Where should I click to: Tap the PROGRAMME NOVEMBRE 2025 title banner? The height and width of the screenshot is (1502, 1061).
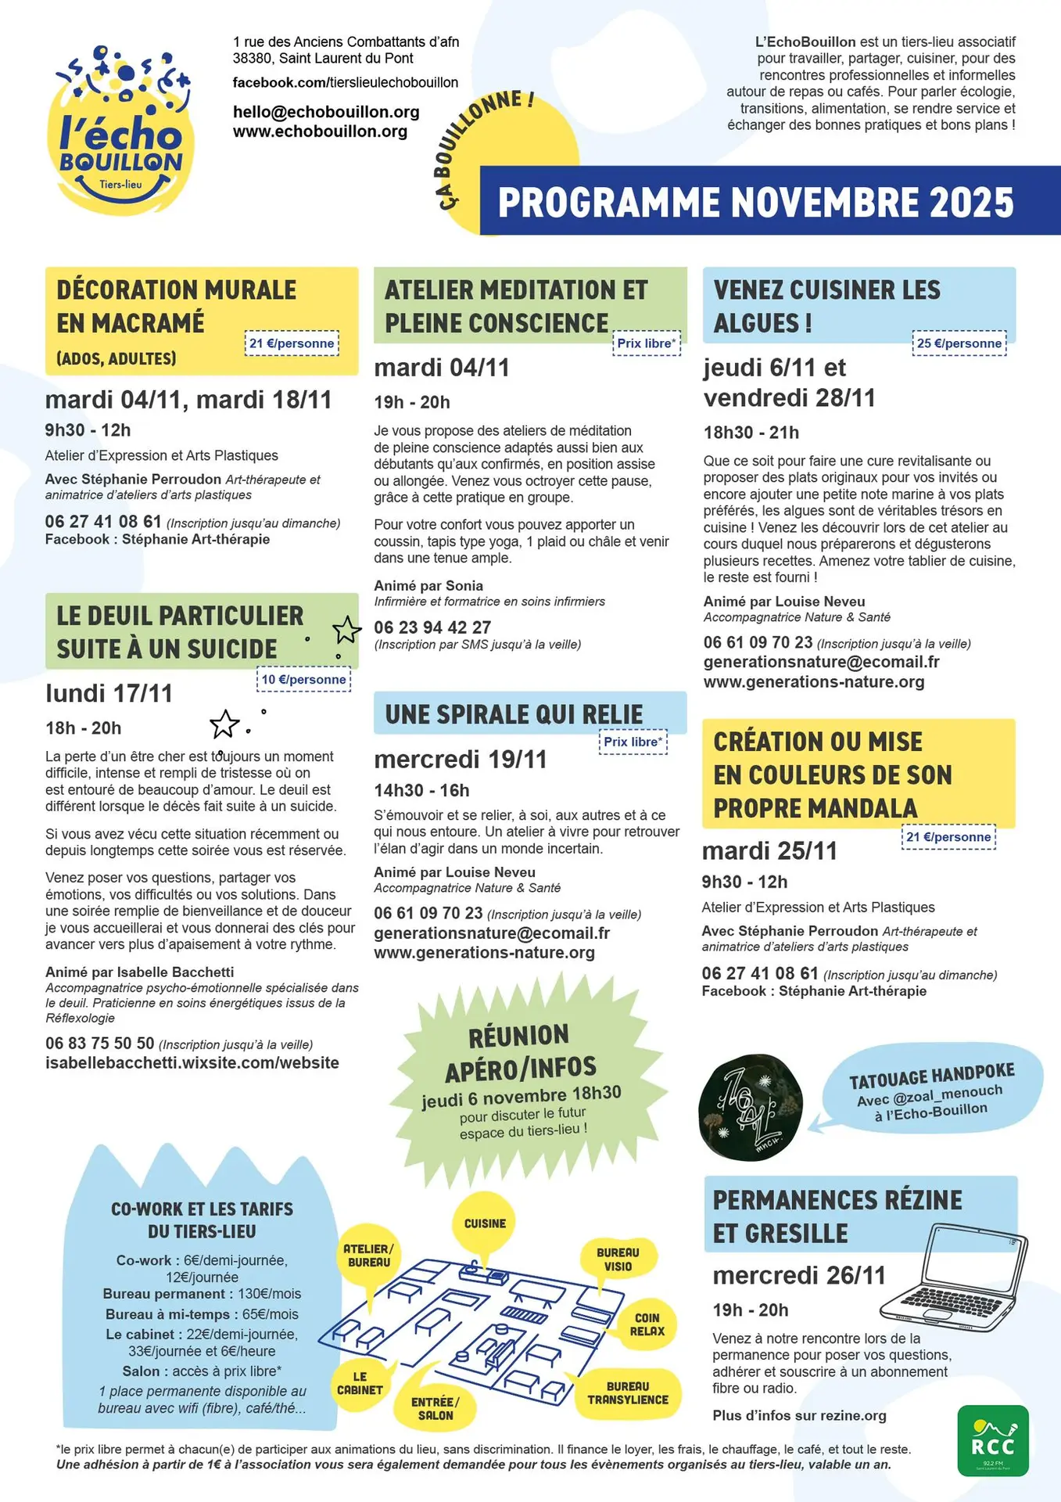coord(755,201)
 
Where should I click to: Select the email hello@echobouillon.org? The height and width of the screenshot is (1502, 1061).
coord(326,112)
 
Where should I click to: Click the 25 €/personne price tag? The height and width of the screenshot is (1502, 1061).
coord(959,343)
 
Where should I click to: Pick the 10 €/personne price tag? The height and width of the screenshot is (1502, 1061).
coord(303,680)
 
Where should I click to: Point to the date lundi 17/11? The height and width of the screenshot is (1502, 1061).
coord(109,693)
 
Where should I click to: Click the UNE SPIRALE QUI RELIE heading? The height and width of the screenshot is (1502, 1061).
coord(514,714)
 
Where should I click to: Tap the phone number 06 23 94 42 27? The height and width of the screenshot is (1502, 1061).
coord(432,627)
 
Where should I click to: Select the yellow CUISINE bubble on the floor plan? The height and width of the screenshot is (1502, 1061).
coord(485,1224)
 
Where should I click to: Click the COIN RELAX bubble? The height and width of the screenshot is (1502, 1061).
coord(647,1324)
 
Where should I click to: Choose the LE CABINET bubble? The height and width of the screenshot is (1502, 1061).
coord(360,1383)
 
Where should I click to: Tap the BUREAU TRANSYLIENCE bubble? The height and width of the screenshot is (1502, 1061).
coord(628,1392)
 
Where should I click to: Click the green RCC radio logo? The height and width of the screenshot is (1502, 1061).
coord(993,1440)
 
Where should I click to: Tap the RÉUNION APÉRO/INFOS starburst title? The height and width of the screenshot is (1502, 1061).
coord(520,1051)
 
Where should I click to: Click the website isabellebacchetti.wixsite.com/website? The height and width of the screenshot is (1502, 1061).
coord(192,1063)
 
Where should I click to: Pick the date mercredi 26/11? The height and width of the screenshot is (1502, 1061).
coord(799,1276)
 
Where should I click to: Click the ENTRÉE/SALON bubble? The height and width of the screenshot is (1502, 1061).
coord(436,1408)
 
